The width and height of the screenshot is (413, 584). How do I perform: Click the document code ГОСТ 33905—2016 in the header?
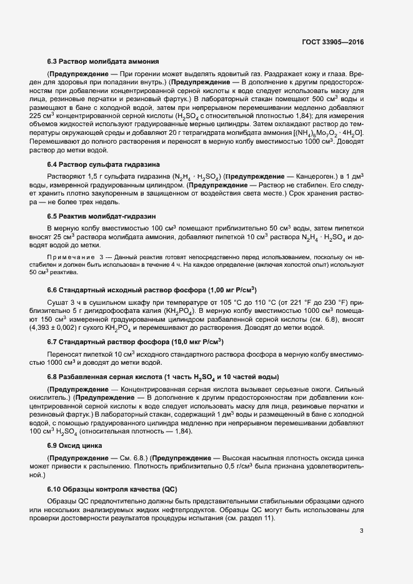(332, 42)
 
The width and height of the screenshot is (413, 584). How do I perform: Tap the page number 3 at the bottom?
(362, 531)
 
